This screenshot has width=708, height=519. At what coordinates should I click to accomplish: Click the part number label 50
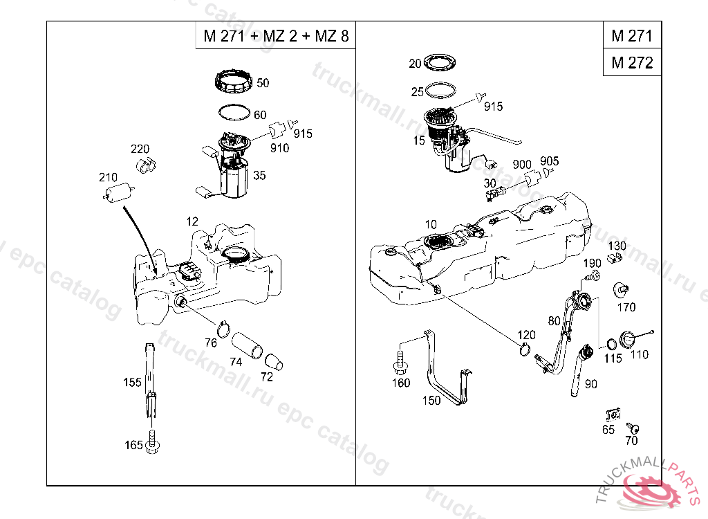pos(263,83)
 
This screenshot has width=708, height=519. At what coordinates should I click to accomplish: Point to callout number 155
pos(132,382)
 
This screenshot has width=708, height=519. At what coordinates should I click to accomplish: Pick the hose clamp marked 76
pos(224,325)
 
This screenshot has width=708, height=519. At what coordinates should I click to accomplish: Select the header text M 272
pos(632,63)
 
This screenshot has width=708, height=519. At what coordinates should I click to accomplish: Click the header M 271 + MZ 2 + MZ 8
pos(275,36)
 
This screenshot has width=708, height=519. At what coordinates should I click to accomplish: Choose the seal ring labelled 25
pos(441,91)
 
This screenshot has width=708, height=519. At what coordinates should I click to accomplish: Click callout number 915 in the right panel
pos(493,107)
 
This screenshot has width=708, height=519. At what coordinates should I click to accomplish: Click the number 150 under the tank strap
pos(431,400)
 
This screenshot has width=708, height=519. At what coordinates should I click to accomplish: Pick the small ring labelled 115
pos(611,345)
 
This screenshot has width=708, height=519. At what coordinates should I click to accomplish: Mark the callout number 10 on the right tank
pos(431,225)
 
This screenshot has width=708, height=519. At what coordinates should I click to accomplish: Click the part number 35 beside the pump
pos(259,176)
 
